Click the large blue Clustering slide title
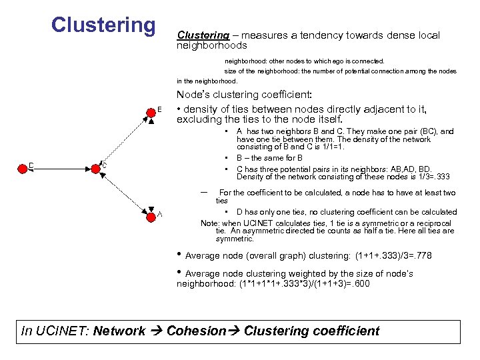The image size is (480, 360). [103, 25]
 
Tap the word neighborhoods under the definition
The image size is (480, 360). [211, 46]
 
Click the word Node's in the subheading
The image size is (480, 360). [194, 95]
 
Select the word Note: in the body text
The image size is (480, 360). [210, 223]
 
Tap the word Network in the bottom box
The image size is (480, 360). [121, 331]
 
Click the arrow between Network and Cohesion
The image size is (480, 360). [157, 331]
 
